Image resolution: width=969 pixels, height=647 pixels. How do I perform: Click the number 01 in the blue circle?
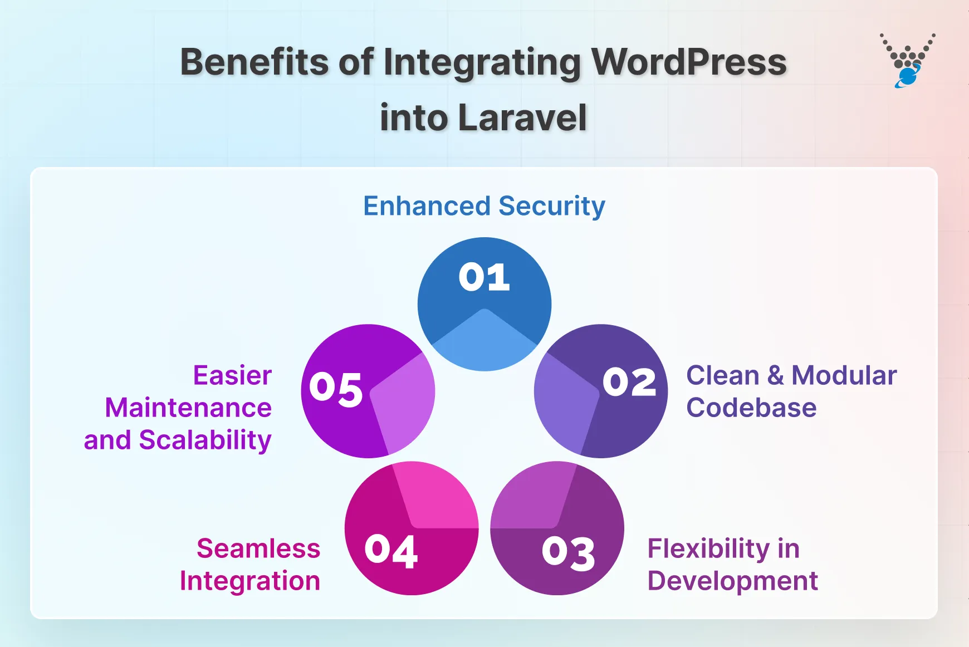click(x=484, y=277)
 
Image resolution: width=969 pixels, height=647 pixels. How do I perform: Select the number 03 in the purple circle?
click(x=568, y=553)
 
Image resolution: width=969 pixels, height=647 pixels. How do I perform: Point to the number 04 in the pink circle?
click(x=391, y=551)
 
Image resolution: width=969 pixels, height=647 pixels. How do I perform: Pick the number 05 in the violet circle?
click(x=336, y=388)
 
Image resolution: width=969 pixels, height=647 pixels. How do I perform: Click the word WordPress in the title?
click(x=689, y=62)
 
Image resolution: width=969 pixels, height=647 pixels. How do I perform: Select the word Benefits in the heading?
click(x=255, y=62)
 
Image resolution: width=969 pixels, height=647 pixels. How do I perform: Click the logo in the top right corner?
click(x=908, y=61)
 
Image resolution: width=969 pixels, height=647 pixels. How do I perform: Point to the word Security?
click(x=552, y=207)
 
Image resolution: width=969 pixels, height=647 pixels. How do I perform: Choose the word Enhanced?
click(x=427, y=206)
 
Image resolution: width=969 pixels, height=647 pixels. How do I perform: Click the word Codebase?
click(x=751, y=408)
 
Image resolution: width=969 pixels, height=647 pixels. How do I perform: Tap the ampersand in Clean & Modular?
click(x=775, y=375)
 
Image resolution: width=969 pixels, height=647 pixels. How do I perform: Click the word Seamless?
click(x=258, y=548)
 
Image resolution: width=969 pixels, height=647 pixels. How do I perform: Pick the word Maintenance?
click(x=188, y=408)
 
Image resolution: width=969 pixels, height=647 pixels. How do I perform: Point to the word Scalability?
click(x=205, y=440)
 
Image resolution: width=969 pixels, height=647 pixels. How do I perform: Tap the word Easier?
click(x=232, y=375)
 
